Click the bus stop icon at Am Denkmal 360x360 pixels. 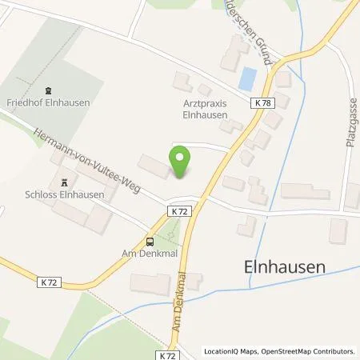[150, 242]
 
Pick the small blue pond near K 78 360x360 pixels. [248, 78]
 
